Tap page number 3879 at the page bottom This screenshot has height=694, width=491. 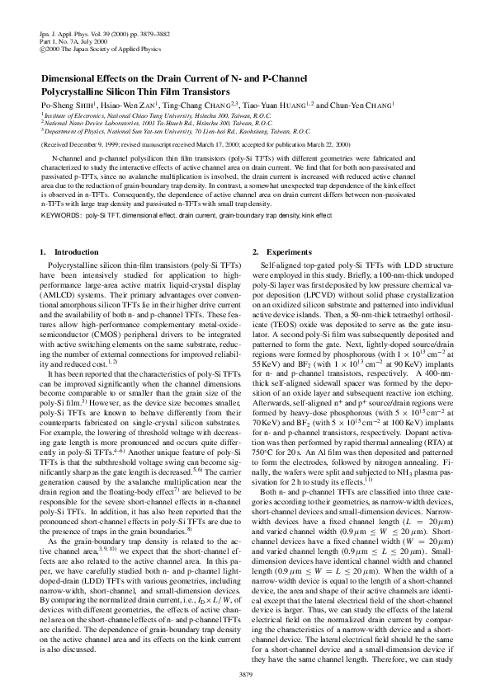245,673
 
